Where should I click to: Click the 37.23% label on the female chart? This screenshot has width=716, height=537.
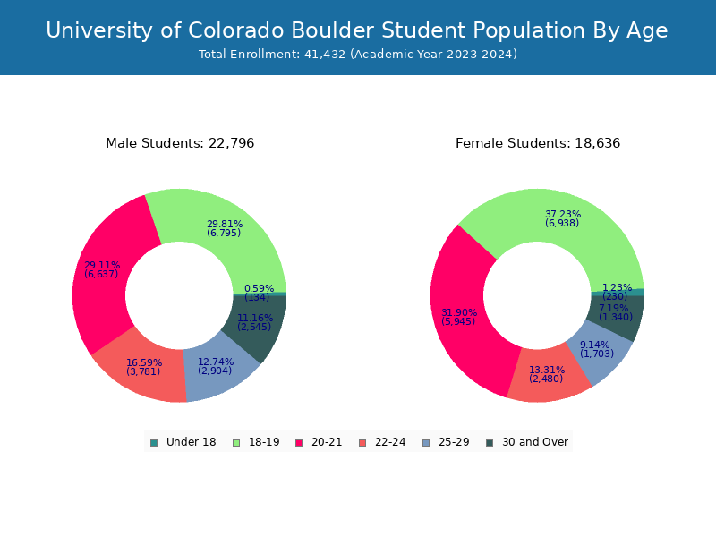563,214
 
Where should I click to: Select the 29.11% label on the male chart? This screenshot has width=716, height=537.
101,265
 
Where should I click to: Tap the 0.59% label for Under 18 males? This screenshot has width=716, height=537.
258,288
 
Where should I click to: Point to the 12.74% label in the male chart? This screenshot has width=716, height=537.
216,362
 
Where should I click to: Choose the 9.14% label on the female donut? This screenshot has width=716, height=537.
595,345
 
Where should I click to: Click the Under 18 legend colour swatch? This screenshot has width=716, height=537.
154,442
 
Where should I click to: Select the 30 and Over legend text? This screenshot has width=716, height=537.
535,442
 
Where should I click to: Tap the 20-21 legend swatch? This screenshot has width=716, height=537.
298,442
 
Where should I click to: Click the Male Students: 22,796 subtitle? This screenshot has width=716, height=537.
180,143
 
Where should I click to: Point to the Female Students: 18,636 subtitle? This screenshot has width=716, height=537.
538,143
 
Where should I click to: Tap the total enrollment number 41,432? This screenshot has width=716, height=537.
325,55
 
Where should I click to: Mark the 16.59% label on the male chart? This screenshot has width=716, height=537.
144,362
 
